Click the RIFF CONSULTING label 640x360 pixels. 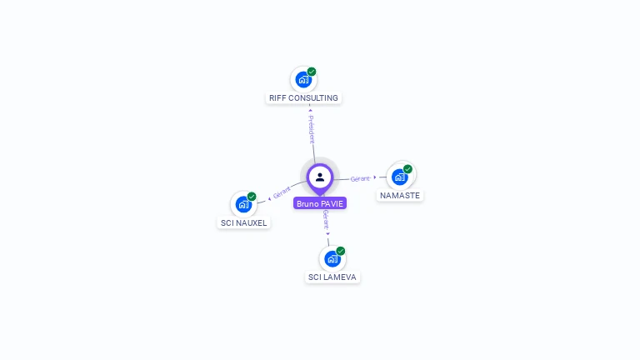pyautogui.click(x=303, y=97)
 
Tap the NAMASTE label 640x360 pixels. pyautogui.click(x=400, y=195)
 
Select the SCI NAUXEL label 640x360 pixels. pyautogui.click(x=243, y=222)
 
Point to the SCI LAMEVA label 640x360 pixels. pyautogui.click(x=332, y=277)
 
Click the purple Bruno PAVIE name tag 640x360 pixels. pyautogui.click(x=320, y=203)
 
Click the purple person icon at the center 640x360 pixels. pyautogui.click(x=320, y=177)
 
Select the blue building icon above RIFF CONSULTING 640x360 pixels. pyautogui.click(x=303, y=80)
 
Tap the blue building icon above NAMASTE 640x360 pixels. pyautogui.click(x=400, y=177)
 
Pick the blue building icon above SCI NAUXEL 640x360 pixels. pyautogui.click(x=243, y=204)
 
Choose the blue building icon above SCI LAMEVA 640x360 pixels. pyautogui.click(x=332, y=258)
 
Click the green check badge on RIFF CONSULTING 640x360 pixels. pyautogui.click(x=312, y=72)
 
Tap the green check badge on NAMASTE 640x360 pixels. pyautogui.click(x=407, y=169)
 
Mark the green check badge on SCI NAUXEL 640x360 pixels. pyautogui.click(x=252, y=197)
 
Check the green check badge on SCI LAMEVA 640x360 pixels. pyautogui.click(x=341, y=251)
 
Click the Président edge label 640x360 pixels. pyautogui.click(x=312, y=130)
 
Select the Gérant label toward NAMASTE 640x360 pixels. pyautogui.click(x=360, y=178)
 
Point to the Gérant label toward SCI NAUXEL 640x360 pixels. pyautogui.click(x=282, y=193)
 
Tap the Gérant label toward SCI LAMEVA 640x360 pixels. pyautogui.click(x=326, y=219)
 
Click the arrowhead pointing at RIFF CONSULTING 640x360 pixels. pyautogui.click(x=310, y=109)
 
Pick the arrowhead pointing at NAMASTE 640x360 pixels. pyautogui.click(x=376, y=177)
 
